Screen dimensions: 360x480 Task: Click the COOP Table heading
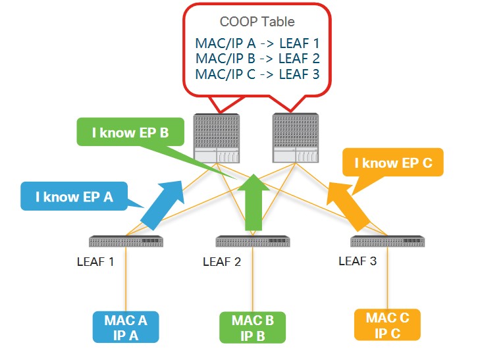(x=257, y=22)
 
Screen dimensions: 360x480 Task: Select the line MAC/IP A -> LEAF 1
(x=257, y=44)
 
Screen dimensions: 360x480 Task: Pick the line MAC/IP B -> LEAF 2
(x=257, y=59)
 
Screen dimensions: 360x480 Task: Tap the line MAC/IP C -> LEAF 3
(x=257, y=74)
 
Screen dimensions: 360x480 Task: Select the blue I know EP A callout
(x=72, y=196)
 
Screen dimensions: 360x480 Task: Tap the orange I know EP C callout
(x=393, y=163)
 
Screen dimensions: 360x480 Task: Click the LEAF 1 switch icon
(x=126, y=241)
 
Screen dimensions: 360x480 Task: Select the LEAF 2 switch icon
(x=253, y=241)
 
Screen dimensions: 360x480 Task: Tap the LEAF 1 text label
(x=95, y=262)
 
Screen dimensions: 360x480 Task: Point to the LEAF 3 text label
(x=358, y=261)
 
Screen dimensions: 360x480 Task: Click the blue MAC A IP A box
(x=125, y=327)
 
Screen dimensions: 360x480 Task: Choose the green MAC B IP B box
(x=252, y=327)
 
